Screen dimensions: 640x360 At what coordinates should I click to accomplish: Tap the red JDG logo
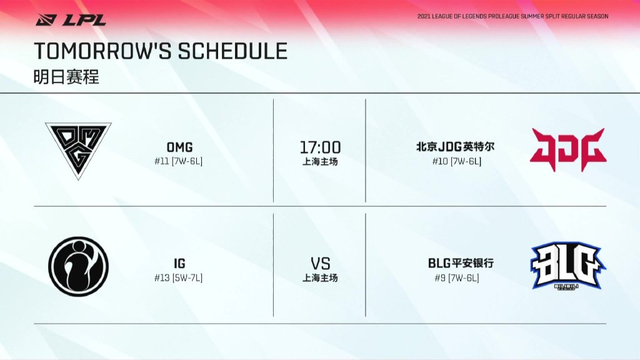[568, 149]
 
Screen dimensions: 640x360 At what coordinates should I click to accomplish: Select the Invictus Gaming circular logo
[78, 266]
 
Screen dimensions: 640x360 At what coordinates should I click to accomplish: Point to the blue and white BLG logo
[568, 266]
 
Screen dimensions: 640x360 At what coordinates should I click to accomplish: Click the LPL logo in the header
[71, 19]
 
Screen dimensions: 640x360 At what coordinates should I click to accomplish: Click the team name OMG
[179, 147]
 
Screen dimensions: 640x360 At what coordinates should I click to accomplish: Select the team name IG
[179, 263]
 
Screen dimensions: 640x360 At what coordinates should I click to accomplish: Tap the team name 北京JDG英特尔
[455, 146]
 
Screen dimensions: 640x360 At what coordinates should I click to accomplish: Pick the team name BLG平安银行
[461, 263]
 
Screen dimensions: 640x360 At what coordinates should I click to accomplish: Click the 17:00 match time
[321, 147]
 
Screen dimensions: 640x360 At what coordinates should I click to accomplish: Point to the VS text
[321, 264]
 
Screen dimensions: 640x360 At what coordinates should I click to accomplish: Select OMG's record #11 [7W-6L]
[178, 161]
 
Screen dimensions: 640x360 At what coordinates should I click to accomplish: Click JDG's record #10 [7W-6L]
[457, 161]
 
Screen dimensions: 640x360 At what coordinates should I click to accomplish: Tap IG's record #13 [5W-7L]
[178, 278]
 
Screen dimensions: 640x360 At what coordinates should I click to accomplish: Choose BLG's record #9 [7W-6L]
[457, 278]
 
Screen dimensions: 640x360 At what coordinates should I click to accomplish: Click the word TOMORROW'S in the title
[103, 51]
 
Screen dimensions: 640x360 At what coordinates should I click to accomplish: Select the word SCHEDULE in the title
[232, 51]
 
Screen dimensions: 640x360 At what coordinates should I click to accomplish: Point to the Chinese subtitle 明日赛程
[66, 76]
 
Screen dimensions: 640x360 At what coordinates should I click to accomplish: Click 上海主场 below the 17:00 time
[320, 162]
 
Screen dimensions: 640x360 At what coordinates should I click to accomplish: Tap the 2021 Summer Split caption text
[512, 16]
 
